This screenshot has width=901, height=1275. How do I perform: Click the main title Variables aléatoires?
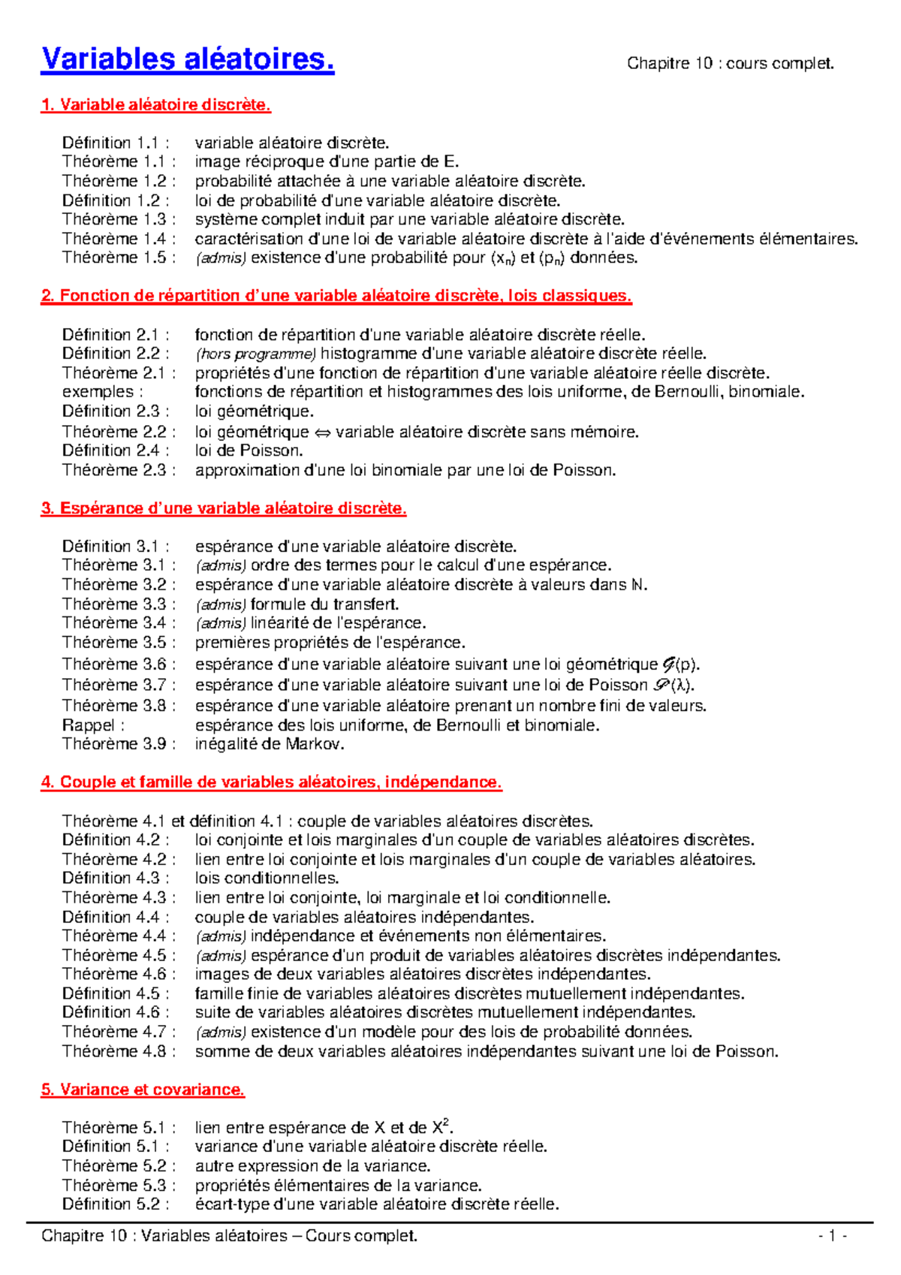click(x=188, y=59)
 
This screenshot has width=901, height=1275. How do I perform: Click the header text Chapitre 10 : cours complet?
click(x=730, y=64)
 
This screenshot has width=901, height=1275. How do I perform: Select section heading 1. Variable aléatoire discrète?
click(x=155, y=105)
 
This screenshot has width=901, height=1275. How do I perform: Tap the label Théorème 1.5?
click(x=119, y=258)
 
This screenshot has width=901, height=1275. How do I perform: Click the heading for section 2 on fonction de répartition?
click(x=336, y=296)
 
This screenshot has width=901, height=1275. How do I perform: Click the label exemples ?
click(x=98, y=392)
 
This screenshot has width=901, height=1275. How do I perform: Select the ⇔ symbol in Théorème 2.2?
click(x=322, y=433)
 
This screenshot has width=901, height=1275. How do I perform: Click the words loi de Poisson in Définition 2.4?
click(x=249, y=451)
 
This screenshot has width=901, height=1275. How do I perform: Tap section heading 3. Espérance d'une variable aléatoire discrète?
click(x=223, y=508)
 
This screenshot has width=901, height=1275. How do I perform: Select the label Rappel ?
click(x=92, y=725)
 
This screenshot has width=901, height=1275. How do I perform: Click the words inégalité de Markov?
click(x=270, y=744)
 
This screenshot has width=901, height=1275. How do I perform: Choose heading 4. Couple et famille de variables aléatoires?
click(x=271, y=782)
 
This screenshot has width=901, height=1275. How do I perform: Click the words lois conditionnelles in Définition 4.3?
click(x=267, y=878)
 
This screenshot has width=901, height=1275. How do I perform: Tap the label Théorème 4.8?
click(x=119, y=1051)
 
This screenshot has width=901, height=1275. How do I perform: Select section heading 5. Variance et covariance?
click(x=143, y=1090)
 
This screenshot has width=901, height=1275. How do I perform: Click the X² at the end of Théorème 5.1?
click(x=441, y=1127)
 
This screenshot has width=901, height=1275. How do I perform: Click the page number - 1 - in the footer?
click(x=833, y=1236)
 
